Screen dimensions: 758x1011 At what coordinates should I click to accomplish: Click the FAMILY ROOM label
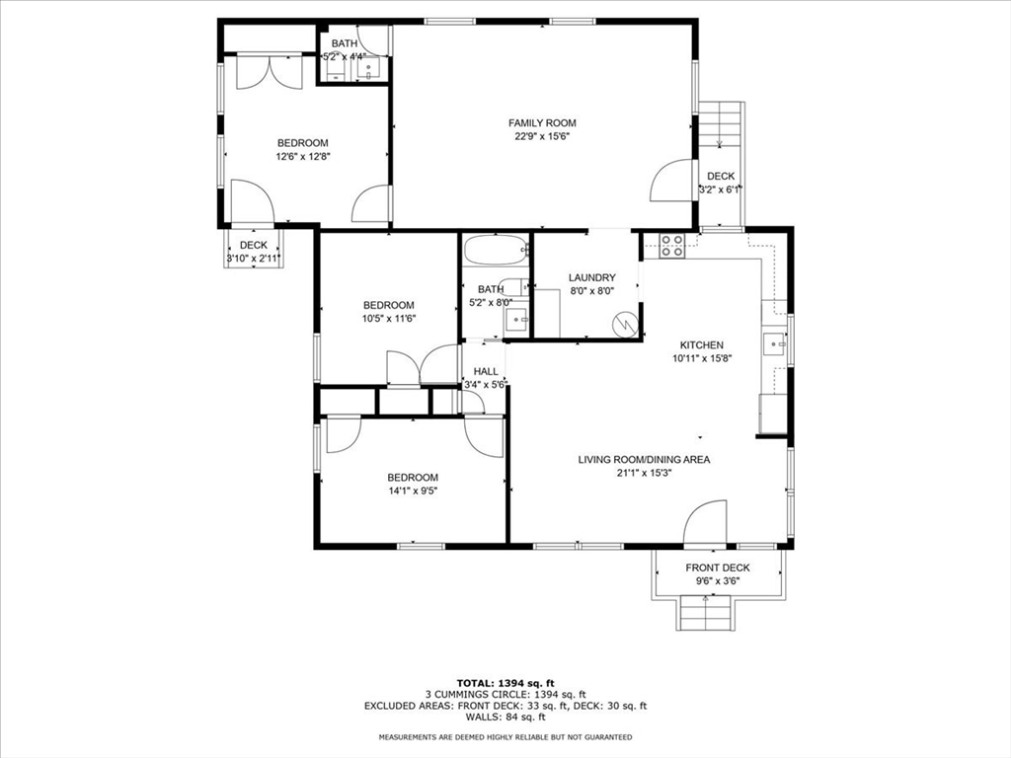click(542, 123)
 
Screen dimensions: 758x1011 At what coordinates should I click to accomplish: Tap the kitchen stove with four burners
click(672, 245)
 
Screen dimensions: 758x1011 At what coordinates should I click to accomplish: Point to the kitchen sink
click(775, 344)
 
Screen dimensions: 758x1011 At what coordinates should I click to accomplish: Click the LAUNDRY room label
click(591, 278)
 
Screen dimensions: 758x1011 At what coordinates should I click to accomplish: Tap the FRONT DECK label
click(718, 568)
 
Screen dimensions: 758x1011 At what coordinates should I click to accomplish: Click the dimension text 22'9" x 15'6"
click(542, 136)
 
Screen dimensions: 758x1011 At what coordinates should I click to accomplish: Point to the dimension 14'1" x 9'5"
click(412, 491)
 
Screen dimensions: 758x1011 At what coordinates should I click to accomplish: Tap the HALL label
click(486, 372)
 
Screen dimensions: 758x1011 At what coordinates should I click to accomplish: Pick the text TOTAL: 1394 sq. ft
click(505, 683)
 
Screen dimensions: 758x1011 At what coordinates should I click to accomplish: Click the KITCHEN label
click(701, 345)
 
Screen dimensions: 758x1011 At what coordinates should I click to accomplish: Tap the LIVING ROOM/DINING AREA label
click(644, 459)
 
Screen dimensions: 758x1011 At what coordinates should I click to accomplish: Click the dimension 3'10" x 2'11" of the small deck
click(254, 259)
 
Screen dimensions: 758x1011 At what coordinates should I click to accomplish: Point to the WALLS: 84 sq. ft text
click(505, 717)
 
